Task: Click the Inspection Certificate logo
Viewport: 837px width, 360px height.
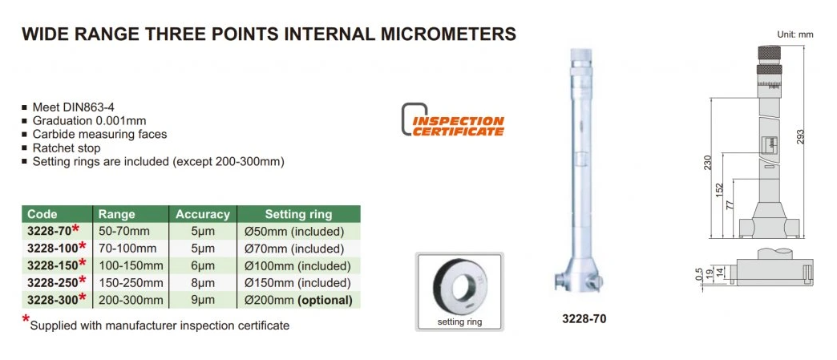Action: pos(453,119)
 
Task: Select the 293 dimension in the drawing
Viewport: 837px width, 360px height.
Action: pos(799,137)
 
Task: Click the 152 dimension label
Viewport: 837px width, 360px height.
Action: pos(720,189)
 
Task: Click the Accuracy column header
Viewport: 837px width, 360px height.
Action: pos(203,215)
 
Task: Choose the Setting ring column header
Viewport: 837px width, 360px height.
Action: pos(298,215)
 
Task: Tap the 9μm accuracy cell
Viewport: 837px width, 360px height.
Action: pos(202,300)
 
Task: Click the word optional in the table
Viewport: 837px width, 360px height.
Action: pos(328,300)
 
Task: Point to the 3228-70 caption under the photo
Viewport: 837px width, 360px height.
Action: pos(584,319)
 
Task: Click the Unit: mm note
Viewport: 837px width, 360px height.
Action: pos(795,34)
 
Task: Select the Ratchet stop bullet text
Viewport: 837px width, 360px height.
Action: pos(67,148)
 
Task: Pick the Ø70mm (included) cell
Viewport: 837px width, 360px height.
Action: pos(293,249)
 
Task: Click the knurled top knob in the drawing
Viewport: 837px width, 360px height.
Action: pos(769,54)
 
